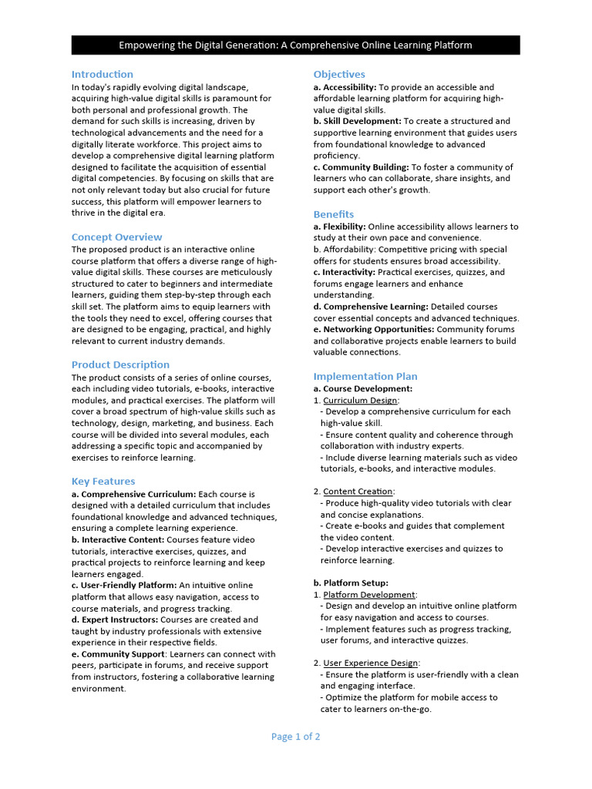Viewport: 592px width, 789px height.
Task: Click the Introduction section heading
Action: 102,74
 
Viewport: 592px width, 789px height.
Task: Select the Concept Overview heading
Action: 116,237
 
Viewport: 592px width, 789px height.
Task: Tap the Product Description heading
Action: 120,364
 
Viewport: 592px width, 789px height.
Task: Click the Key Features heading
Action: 103,481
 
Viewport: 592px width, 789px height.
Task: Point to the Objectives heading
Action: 339,74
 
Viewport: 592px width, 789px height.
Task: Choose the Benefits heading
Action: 334,214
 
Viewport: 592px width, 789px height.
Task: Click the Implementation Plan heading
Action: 365,376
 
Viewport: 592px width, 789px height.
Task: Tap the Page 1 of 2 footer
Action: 295,737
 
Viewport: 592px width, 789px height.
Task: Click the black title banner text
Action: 295,45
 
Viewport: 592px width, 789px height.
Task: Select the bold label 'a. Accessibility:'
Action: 345,87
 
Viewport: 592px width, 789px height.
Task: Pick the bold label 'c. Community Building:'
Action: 361,167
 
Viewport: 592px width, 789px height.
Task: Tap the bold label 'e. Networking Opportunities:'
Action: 374,329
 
